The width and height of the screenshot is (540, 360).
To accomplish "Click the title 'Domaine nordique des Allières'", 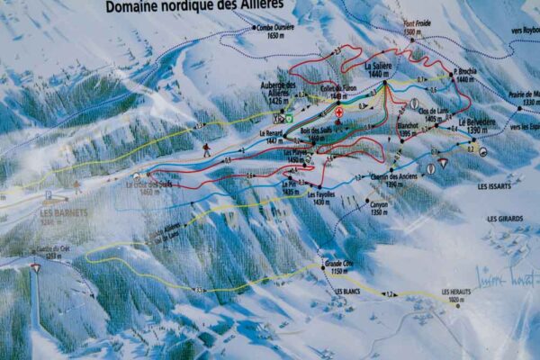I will coord(194,6).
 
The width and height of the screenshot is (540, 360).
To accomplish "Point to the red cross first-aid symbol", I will coord(338,112).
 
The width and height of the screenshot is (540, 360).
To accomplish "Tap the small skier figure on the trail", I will coord(206,149).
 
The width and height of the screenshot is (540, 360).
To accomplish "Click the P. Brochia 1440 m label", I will coord(465,75).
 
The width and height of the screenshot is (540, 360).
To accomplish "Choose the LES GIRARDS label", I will coord(504,219).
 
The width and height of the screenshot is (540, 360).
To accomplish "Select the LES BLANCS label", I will coord(347,292).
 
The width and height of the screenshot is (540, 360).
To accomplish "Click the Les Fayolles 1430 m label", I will coord(320,197).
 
